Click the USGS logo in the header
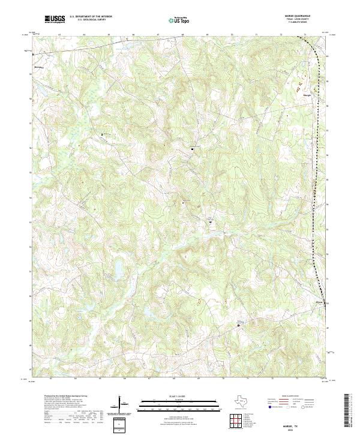point(55,19)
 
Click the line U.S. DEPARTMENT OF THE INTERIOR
point(90,17)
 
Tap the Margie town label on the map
point(307,95)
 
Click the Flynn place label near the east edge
point(319,302)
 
